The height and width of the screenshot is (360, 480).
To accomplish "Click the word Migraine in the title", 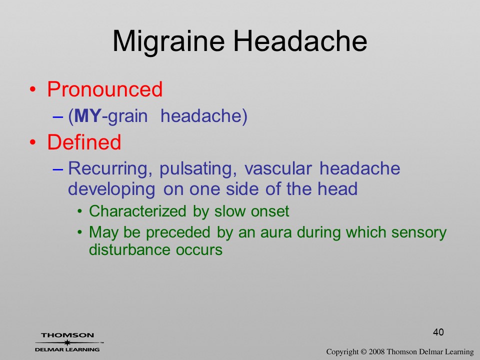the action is tap(168, 42).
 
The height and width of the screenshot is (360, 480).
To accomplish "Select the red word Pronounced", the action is tap(104, 89).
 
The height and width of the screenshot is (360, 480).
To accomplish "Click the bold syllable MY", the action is tap(87, 115).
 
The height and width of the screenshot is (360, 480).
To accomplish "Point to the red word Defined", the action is tap(84, 142).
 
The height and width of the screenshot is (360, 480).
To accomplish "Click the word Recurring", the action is tap(110, 169).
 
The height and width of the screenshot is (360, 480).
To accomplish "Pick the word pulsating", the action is tap(198, 169).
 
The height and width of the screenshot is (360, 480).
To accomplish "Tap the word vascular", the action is tap(278, 168).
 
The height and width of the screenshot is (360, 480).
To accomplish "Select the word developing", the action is tap(111, 189).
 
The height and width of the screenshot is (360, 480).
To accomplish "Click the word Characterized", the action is tap(137, 211).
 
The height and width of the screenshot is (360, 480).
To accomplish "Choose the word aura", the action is tap(276, 232).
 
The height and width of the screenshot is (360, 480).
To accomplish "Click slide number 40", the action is tap(438, 332).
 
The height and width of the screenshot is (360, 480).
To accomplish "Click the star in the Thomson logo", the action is tap(67, 342).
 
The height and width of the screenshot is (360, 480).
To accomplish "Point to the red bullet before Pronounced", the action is tap(32, 89).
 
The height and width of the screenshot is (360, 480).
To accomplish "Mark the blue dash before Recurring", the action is tap(58, 169).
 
